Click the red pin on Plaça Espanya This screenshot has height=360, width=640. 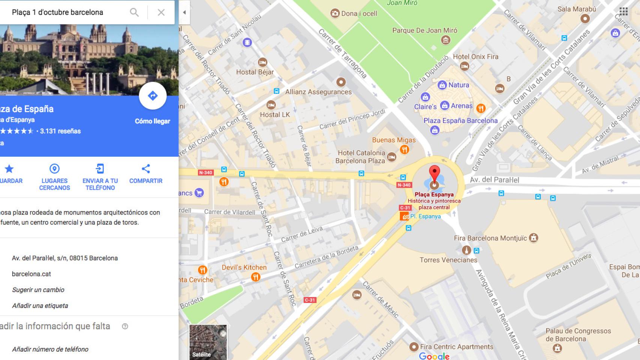(434, 173)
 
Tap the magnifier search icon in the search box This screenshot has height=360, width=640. (134, 12)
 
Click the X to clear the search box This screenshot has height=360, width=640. (161, 12)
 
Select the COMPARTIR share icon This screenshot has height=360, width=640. (146, 169)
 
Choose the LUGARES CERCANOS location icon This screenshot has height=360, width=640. (54, 169)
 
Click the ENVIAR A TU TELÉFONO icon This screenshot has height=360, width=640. (100, 169)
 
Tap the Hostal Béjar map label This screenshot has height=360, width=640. (255, 72)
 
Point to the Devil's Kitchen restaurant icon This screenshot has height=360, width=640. (255, 277)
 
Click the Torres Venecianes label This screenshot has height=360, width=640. (448, 260)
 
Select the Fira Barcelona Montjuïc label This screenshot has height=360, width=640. (491, 238)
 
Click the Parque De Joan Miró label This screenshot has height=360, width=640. (425, 30)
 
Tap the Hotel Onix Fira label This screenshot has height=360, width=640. (475, 57)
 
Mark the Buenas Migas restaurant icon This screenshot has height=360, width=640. (404, 150)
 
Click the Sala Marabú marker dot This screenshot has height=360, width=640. (585, 18)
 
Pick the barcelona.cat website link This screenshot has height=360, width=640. (32, 274)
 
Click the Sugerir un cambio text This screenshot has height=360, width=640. (38, 289)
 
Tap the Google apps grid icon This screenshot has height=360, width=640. (623, 12)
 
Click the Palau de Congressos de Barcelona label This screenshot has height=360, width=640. (578, 335)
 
